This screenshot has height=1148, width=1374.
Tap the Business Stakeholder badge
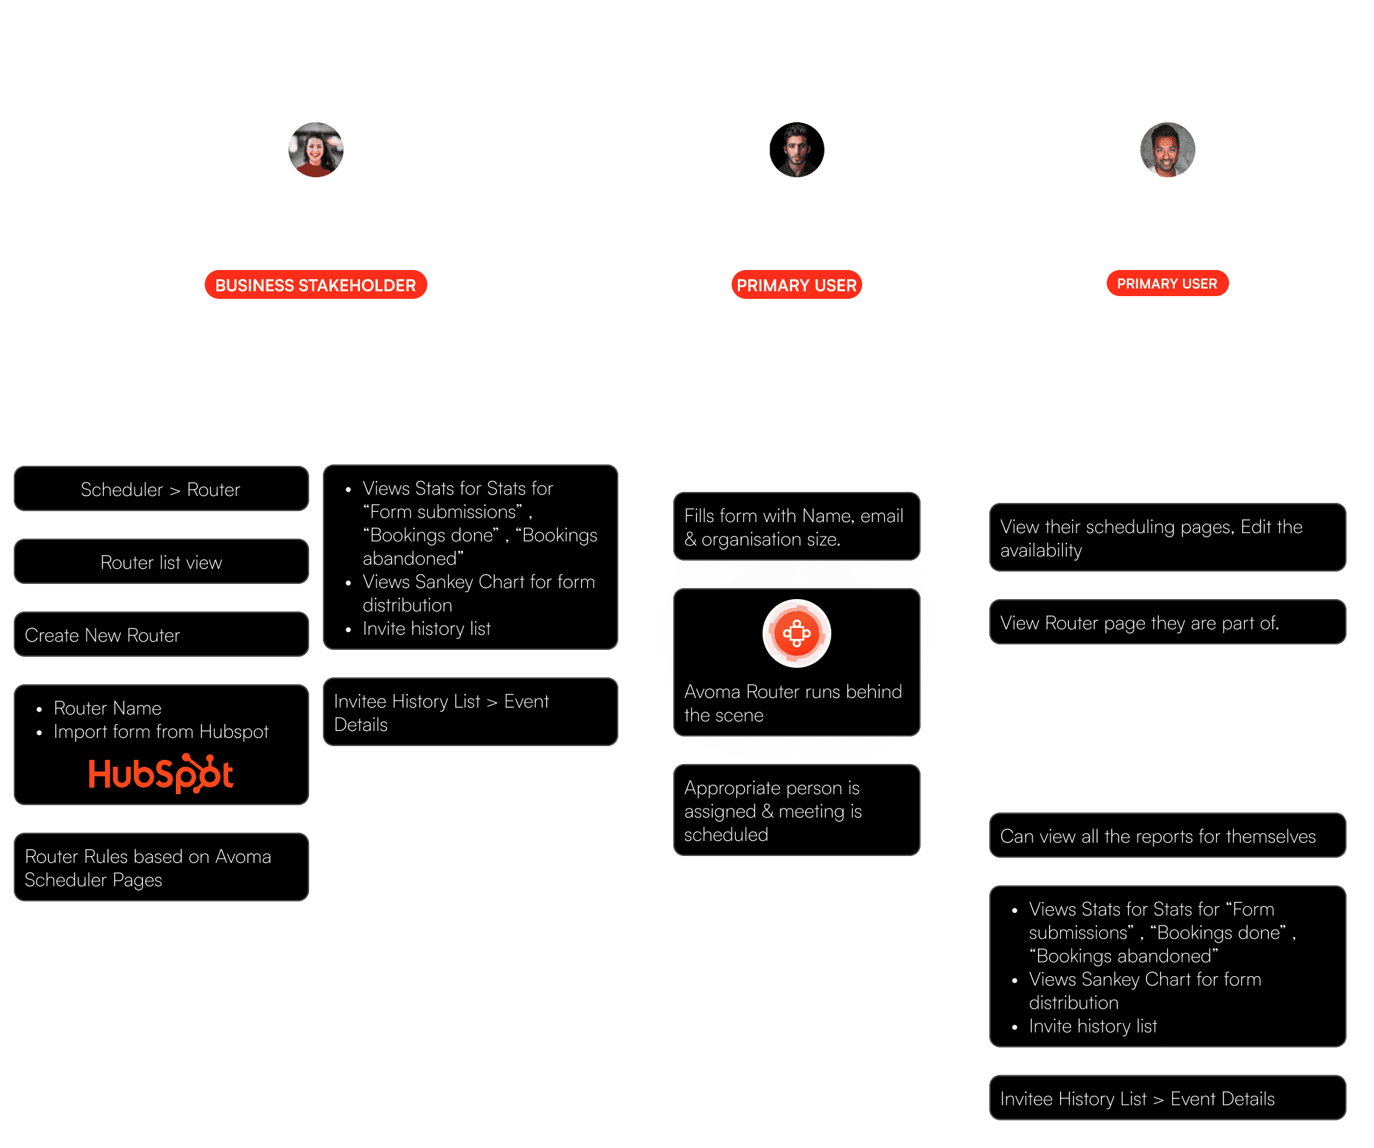click(315, 284)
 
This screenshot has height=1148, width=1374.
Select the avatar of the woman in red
click(315, 150)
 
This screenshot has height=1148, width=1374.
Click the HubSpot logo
click(161, 774)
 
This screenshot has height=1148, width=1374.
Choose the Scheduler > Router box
click(161, 489)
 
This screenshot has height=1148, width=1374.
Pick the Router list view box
click(161, 562)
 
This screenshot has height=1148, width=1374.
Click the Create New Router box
click(161, 635)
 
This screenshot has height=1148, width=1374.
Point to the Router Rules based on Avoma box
click(161, 867)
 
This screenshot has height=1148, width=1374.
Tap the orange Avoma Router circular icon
click(796, 633)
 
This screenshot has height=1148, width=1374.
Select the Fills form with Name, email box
click(796, 527)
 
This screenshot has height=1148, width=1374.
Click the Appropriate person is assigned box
click(796, 811)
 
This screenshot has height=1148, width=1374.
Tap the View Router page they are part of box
click(1167, 622)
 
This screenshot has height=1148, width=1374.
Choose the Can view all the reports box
click(1167, 835)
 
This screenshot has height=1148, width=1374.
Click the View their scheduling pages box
click(1167, 538)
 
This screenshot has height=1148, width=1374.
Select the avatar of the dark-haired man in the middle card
click(796, 150)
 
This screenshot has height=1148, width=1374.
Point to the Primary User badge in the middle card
click(796, 284)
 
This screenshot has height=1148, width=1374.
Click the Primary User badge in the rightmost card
click(1167, 283)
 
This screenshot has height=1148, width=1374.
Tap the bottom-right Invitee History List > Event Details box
click(1167, 1098)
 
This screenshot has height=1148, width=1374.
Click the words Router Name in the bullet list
click(108, 708)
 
